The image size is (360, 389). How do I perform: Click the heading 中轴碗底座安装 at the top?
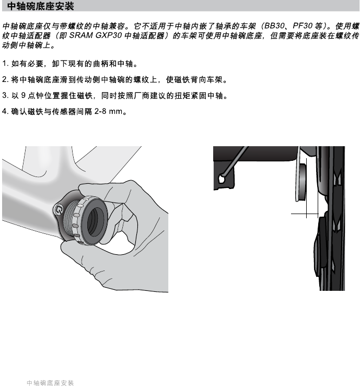pyautogui.click(x=41, y=7)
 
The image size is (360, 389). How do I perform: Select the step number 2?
pyautogui.click(x=5, y=80)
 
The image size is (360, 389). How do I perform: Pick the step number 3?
pyautogui.click(x=5, y=96)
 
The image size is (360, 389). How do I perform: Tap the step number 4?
pyautogui.click(x=5, y=112)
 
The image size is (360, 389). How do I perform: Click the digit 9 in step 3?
pyautogui.click(x=22, y=96)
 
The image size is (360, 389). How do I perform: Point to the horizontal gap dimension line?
pyautogui.click(x=305, y=214)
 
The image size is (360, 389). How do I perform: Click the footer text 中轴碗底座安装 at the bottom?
pyautogui.click(x=50, y=383)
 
